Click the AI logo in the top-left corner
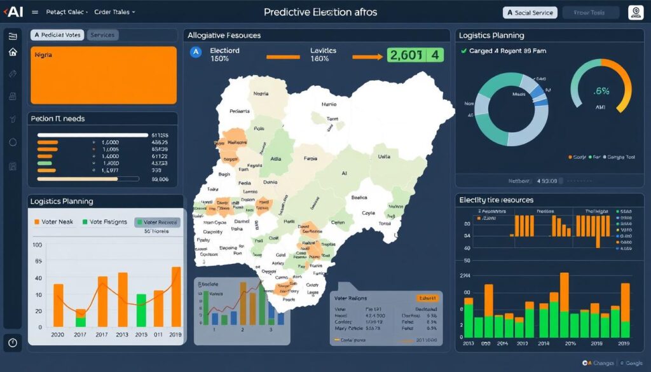point(13,11)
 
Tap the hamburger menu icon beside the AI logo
point(34,12)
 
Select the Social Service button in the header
point(530,13)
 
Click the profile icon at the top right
point(635,12)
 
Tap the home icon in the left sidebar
point(13,52)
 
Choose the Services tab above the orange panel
point(102,35)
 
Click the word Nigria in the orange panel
point(43,55)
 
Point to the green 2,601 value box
point(415,55)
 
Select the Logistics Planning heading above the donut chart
point(491,36)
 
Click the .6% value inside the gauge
point(601,90)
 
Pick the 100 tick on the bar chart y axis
point(36,245)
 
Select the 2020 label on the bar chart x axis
point(57,334)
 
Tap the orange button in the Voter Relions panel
point(427,298)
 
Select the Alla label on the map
point(276,159)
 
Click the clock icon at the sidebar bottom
point(13,342)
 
